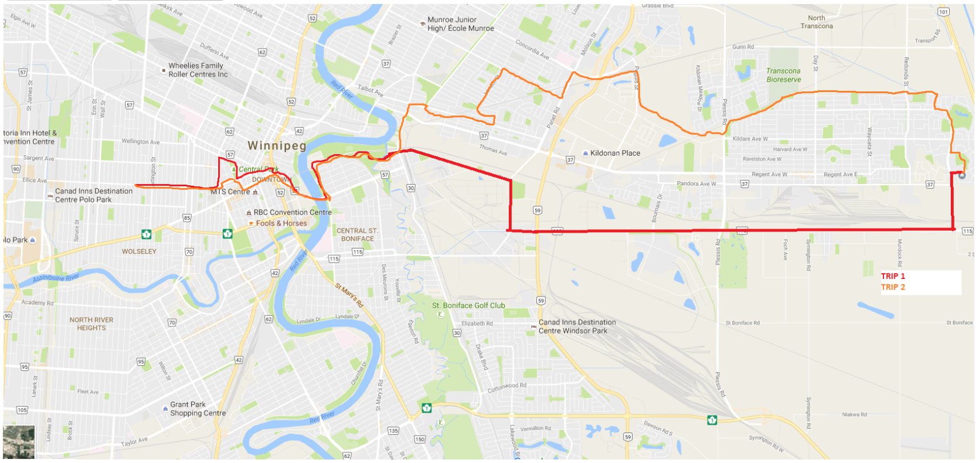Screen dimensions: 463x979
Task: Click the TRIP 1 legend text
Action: click(893, 276)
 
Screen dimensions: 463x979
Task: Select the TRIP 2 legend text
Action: click(893, 287)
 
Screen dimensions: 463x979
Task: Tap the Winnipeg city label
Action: click(277, 145)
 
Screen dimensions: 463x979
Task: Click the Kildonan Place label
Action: click(615, 153)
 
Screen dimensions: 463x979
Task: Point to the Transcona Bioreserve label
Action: click(783, 75)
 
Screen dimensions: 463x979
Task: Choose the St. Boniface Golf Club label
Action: click(468, 305)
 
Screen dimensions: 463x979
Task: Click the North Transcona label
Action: click(817, 22)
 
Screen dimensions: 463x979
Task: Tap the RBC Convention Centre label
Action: click(293, 212)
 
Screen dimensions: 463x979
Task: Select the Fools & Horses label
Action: click(281, 223)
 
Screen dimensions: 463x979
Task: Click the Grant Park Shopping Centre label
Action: click(198, 408)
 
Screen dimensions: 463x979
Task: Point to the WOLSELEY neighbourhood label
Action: click(139, 251)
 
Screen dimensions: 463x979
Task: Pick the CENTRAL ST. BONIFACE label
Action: click(357, 234)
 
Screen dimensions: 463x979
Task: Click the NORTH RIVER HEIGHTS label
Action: click(91, 324)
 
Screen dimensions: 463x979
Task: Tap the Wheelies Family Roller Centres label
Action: click(198, 70)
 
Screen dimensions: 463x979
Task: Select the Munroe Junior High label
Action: click(460, 24)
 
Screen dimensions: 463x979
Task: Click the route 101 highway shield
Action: click(943, 12)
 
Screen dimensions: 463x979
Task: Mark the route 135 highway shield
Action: click(393, 431)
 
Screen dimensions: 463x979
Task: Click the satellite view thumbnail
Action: click(19, 441)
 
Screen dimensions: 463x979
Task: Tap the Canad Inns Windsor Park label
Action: click(577, 326)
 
